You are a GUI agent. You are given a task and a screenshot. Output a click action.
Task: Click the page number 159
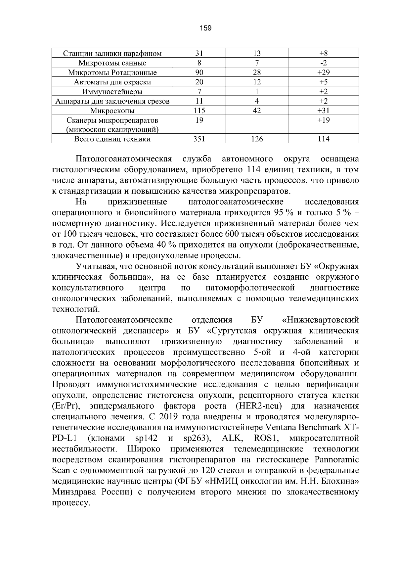[205, 28]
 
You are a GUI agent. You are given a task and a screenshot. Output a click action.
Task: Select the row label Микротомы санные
[112, 63]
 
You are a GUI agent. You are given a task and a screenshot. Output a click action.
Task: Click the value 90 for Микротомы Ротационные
[199, 72]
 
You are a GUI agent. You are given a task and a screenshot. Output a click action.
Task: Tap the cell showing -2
[323, 63]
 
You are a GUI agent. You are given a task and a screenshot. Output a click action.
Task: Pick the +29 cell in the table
[323, 72]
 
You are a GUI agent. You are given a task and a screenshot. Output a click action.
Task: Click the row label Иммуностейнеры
[112, 92]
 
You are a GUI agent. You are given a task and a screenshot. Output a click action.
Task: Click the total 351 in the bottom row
[199, 139]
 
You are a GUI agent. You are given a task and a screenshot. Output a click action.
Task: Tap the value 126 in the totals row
[257, 139]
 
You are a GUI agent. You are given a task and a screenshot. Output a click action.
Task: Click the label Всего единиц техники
[112, 139]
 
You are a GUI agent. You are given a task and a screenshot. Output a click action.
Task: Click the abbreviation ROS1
[265, 439]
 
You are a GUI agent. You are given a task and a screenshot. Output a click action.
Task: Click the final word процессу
[71, 503]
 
